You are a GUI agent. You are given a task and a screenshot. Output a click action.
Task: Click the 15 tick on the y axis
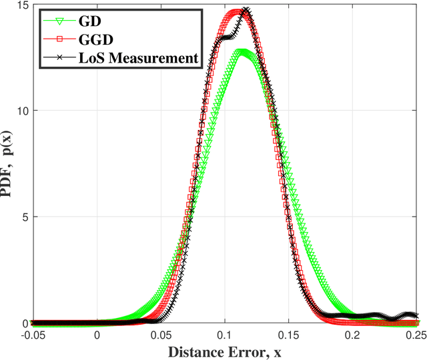click(21, 5)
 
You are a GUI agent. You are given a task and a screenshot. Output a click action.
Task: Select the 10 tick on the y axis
click(21, 111)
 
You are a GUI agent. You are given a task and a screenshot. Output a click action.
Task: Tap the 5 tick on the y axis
click(24, 217)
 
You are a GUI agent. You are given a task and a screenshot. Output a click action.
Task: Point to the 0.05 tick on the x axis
click(161, 336)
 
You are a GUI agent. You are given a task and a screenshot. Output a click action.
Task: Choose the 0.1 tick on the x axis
click(226, 336)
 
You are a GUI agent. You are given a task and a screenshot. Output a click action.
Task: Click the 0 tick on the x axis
click(97, 336)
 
